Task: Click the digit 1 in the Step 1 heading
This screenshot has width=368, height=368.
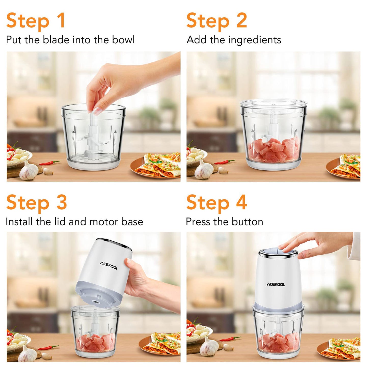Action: point(61,20)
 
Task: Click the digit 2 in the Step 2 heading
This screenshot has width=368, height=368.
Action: point(242,20)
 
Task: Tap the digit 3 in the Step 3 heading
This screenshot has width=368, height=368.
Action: point(62,202)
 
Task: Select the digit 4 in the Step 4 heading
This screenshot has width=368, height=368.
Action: point(242,202)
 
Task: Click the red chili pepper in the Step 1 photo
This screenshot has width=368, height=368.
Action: point(50,163)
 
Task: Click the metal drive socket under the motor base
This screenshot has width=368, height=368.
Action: point(95,301)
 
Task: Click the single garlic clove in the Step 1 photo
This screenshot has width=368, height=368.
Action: point(48,171)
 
